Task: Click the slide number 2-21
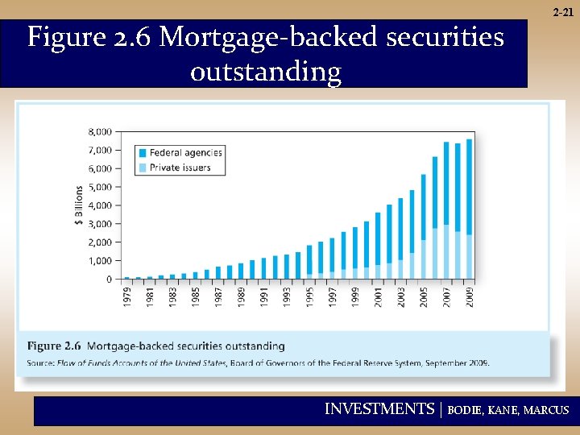(563, 13)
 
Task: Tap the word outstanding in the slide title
(265, 72)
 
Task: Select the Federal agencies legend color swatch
(143, 152)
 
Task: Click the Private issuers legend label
(180, 168)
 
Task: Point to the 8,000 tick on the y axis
(100, 131)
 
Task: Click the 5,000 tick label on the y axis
(100, 187)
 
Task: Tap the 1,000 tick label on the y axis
(100, 261)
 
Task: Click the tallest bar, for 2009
(469, 209)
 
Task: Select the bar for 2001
(378, 246)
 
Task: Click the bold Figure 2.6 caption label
(54, 346)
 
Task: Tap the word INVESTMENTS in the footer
(379, 409)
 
